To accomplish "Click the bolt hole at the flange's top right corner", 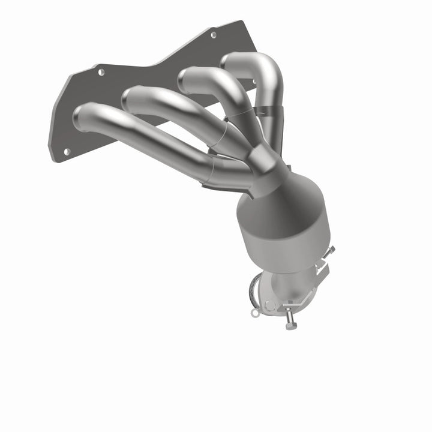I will tap(213, 35).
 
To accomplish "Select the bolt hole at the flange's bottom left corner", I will tap(66, 151).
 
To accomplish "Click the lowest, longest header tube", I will tap(156, 143).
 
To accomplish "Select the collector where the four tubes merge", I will tap(264, 159).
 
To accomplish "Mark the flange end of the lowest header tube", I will tap(82, 117).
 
